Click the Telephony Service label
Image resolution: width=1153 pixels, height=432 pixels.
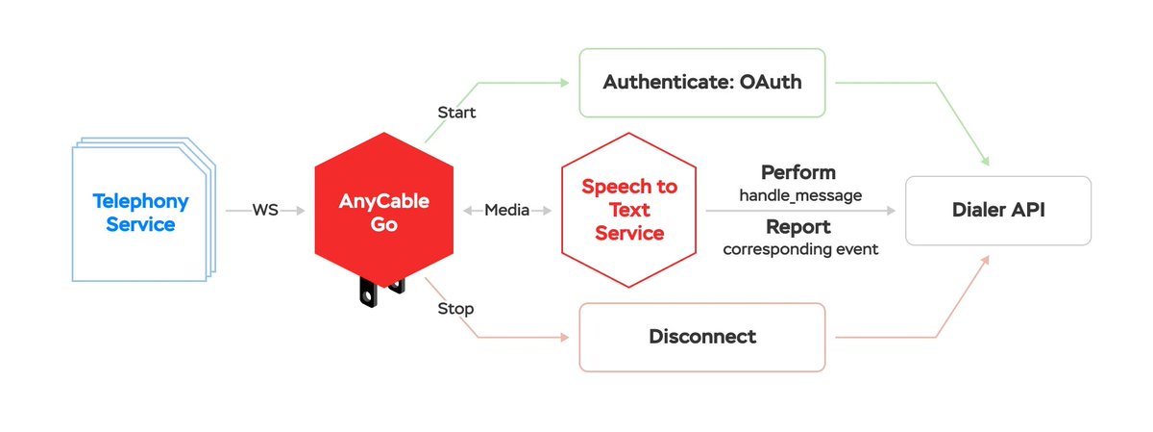(x=140, y=213)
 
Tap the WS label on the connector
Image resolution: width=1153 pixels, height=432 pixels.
(x=265, y=210)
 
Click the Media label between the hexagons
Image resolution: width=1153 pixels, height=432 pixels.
(x=506, y=210)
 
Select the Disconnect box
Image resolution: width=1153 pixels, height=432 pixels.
(x=701, y=337)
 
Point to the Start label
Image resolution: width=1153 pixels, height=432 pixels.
(x=456, y=113)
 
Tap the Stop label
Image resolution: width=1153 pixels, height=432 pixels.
(x=455, y=309)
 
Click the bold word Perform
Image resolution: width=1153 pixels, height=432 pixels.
(x=797, y=173)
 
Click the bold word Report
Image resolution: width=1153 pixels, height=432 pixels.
(x=797, y=228)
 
